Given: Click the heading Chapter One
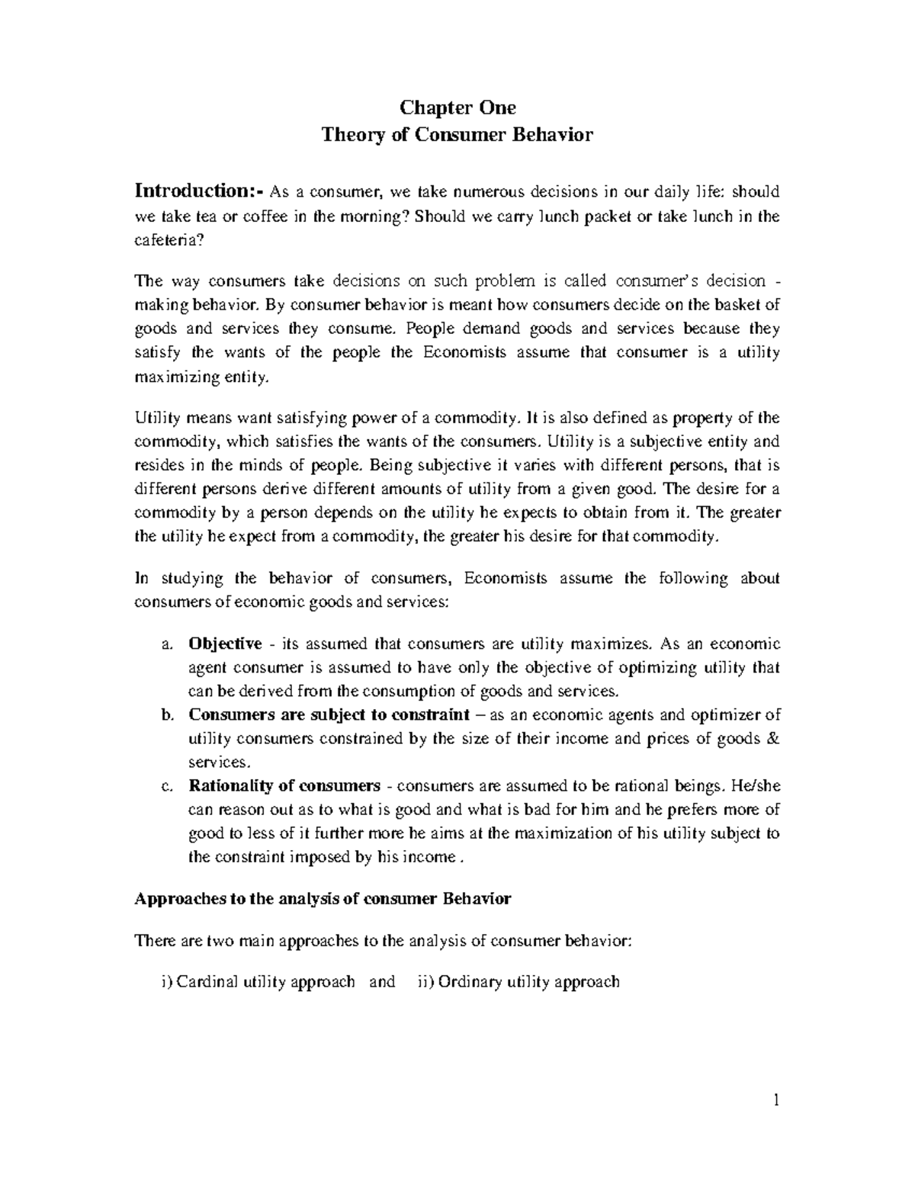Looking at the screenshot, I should (457, 107).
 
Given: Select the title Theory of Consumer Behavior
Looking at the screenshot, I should (457, 135).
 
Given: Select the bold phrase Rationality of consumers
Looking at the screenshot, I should (284, 785).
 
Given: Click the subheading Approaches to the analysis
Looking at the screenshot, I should (322, 898).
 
